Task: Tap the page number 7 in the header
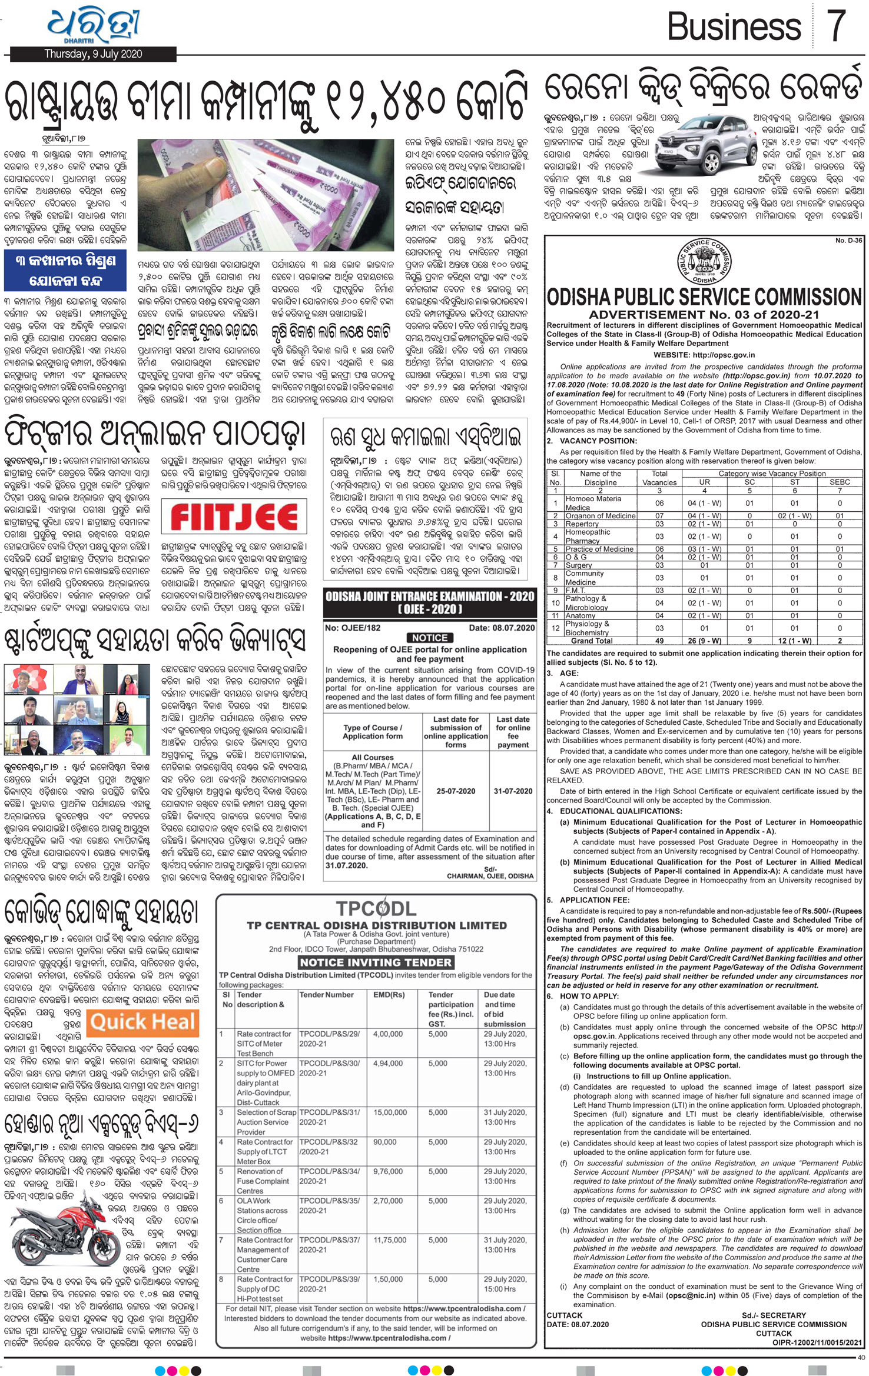(x=837, y=26)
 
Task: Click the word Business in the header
(x=734, y=27)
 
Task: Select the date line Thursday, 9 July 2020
(x=93, y=54)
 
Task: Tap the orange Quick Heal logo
(x=142, y=1022)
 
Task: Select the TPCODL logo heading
(x=376, y=908)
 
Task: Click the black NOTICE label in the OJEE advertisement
(x=430, y=638)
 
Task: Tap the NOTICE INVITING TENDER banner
(x=376, y=962)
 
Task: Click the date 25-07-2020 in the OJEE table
(x=456, y=791)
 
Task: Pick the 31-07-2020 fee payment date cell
(x=513, y=791)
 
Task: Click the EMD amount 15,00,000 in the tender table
(x=390, y=1112)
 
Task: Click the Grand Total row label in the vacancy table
(x=592, y=641)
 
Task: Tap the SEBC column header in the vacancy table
(x=840, y=482)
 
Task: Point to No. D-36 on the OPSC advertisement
(x=848, y=241)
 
